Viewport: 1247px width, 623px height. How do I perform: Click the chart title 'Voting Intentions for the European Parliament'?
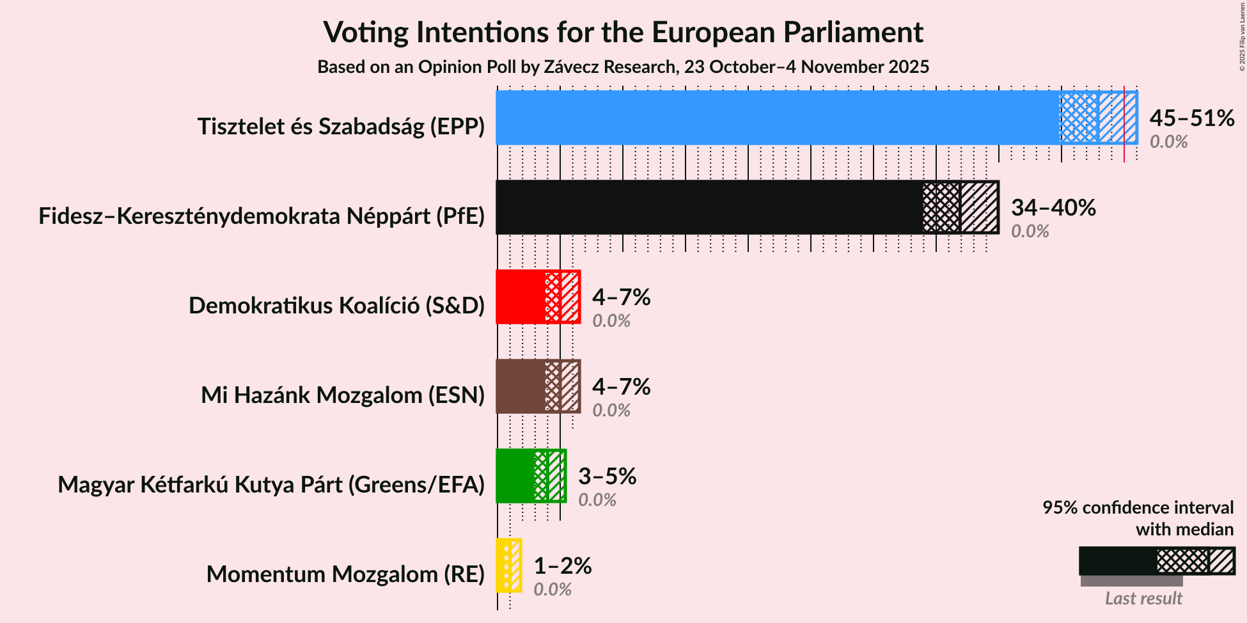coord(623,32)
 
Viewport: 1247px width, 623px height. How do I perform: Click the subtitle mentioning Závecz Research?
coord(623,67)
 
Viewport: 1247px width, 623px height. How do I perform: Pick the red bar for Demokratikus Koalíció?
coord(520,297)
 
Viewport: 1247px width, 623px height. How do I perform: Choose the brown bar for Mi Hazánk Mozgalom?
coord(520,386)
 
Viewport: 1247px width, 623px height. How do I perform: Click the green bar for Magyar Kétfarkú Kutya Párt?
coord(515,476)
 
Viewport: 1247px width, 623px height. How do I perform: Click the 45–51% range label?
coord(1191,118)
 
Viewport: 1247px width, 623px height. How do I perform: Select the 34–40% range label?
coord(1053,207)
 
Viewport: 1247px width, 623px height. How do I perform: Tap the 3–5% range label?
coord(607,476)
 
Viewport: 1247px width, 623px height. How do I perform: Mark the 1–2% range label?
coord(562,565)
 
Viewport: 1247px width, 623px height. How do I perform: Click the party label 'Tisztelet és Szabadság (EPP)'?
coord(341,127)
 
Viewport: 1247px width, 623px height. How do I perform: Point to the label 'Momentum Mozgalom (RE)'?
coord(345,574)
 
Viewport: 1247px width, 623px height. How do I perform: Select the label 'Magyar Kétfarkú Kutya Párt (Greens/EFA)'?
coord(271,485)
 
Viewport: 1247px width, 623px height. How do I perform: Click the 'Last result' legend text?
coord(1143,599)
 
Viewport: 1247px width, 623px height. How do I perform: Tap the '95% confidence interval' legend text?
coord(1138,508)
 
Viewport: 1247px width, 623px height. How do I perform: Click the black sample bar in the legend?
coord(1117,561)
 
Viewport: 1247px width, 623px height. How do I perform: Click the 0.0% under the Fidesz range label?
coord(1030,232)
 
